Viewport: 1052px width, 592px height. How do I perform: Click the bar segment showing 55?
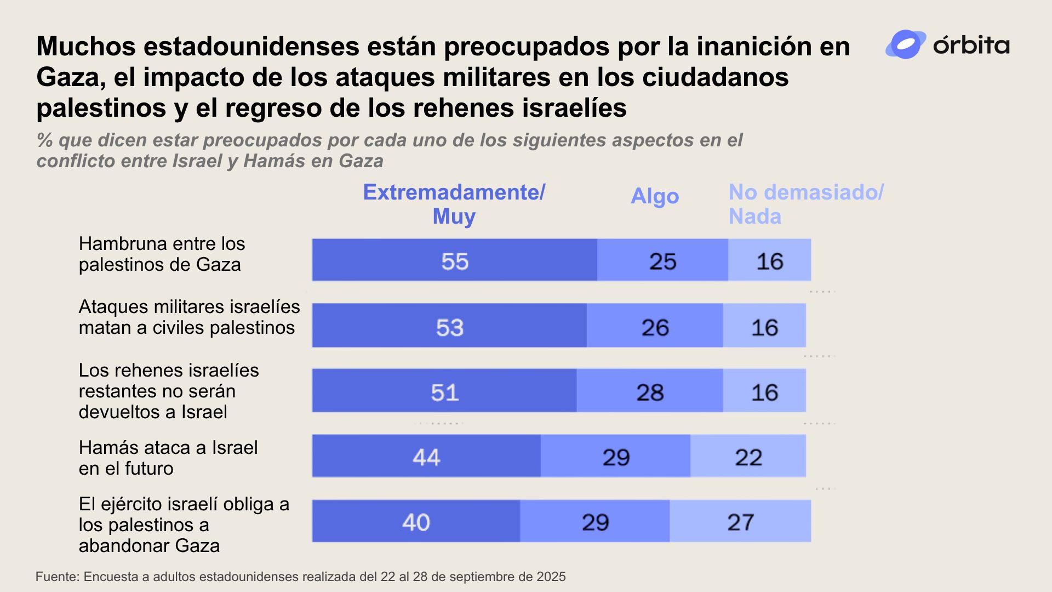454,260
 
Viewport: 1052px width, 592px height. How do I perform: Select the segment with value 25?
662,260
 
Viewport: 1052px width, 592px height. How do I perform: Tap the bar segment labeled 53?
449,326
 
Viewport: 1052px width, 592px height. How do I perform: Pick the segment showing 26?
655,326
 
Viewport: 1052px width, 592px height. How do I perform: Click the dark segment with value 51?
444,391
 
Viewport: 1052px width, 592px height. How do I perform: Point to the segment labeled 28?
650,391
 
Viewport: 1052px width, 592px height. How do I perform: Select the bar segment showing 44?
426,456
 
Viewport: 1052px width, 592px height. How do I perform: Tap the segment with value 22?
748,456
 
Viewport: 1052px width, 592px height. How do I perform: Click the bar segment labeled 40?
416,521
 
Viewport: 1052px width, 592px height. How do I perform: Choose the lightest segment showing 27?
740,521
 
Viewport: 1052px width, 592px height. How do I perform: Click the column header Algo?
655,196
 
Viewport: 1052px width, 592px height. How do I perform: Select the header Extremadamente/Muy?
454,204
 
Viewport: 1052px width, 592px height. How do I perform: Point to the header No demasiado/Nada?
805,204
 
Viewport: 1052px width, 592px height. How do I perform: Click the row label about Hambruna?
162,254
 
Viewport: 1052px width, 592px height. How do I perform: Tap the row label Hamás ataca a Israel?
168,458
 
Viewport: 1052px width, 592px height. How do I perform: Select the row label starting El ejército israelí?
184,525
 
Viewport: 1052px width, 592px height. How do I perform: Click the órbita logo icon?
905,44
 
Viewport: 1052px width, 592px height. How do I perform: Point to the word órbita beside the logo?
971,45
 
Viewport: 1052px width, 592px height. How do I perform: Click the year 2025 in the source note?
551,577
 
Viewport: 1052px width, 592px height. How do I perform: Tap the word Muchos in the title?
85,47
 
